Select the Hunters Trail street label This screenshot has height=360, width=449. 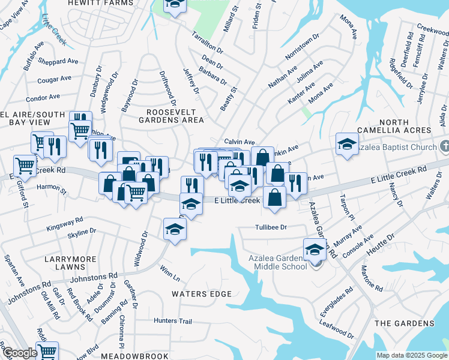pyautogui.click(x=172, y=321)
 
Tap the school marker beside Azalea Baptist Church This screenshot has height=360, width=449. pyautogui.click(x=346, y=144)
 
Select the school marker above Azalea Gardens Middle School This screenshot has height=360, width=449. pyautogui.click(x=315, y=249)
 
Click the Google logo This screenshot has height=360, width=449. pyautogui.click(x=20, y=353)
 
